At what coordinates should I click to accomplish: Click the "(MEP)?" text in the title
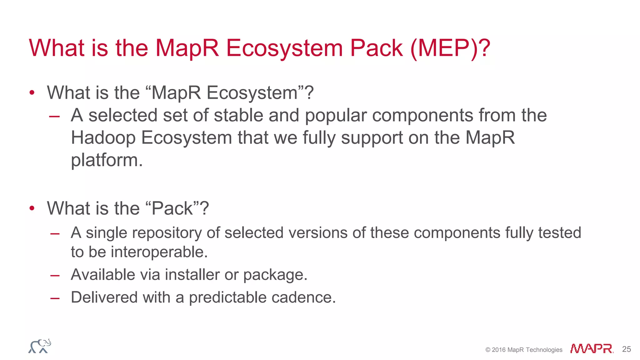tap(450, 48)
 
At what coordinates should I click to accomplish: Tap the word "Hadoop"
tap(103, 138)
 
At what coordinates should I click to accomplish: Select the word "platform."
tap(107, 160)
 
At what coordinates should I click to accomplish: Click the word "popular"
tap(336, 116)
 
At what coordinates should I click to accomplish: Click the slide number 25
tap(626, 349)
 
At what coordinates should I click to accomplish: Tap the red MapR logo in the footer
tap(591, 348)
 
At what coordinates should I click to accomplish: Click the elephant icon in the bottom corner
tap(40, 346)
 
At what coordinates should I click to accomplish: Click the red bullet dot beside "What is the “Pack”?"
tap(32, 208)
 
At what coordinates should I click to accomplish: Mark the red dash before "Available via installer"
tap(55, 276)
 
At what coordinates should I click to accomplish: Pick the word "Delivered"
tap(104, 297)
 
